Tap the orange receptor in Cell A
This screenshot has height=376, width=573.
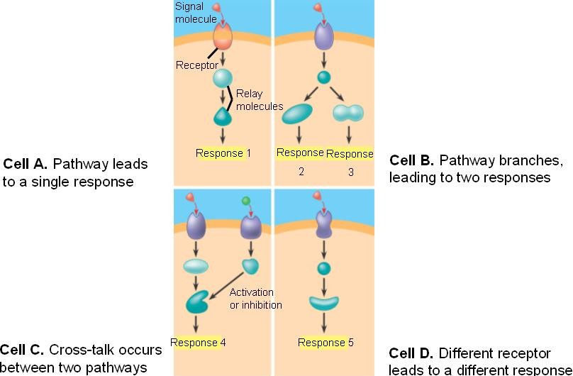222,35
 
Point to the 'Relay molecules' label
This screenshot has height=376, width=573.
260,99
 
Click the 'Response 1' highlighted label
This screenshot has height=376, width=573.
223,153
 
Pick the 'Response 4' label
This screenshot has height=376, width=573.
199,343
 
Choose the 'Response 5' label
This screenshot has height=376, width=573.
326,343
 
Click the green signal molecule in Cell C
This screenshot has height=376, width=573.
245,201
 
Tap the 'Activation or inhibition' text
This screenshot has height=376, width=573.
255,299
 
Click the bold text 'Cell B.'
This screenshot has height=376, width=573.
412,160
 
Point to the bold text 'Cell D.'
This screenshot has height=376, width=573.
413,353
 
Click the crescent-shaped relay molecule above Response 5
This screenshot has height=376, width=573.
325,304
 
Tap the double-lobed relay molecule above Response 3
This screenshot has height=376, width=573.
348,112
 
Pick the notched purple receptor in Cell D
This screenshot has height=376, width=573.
324,223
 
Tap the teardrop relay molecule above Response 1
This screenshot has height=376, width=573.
223,116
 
